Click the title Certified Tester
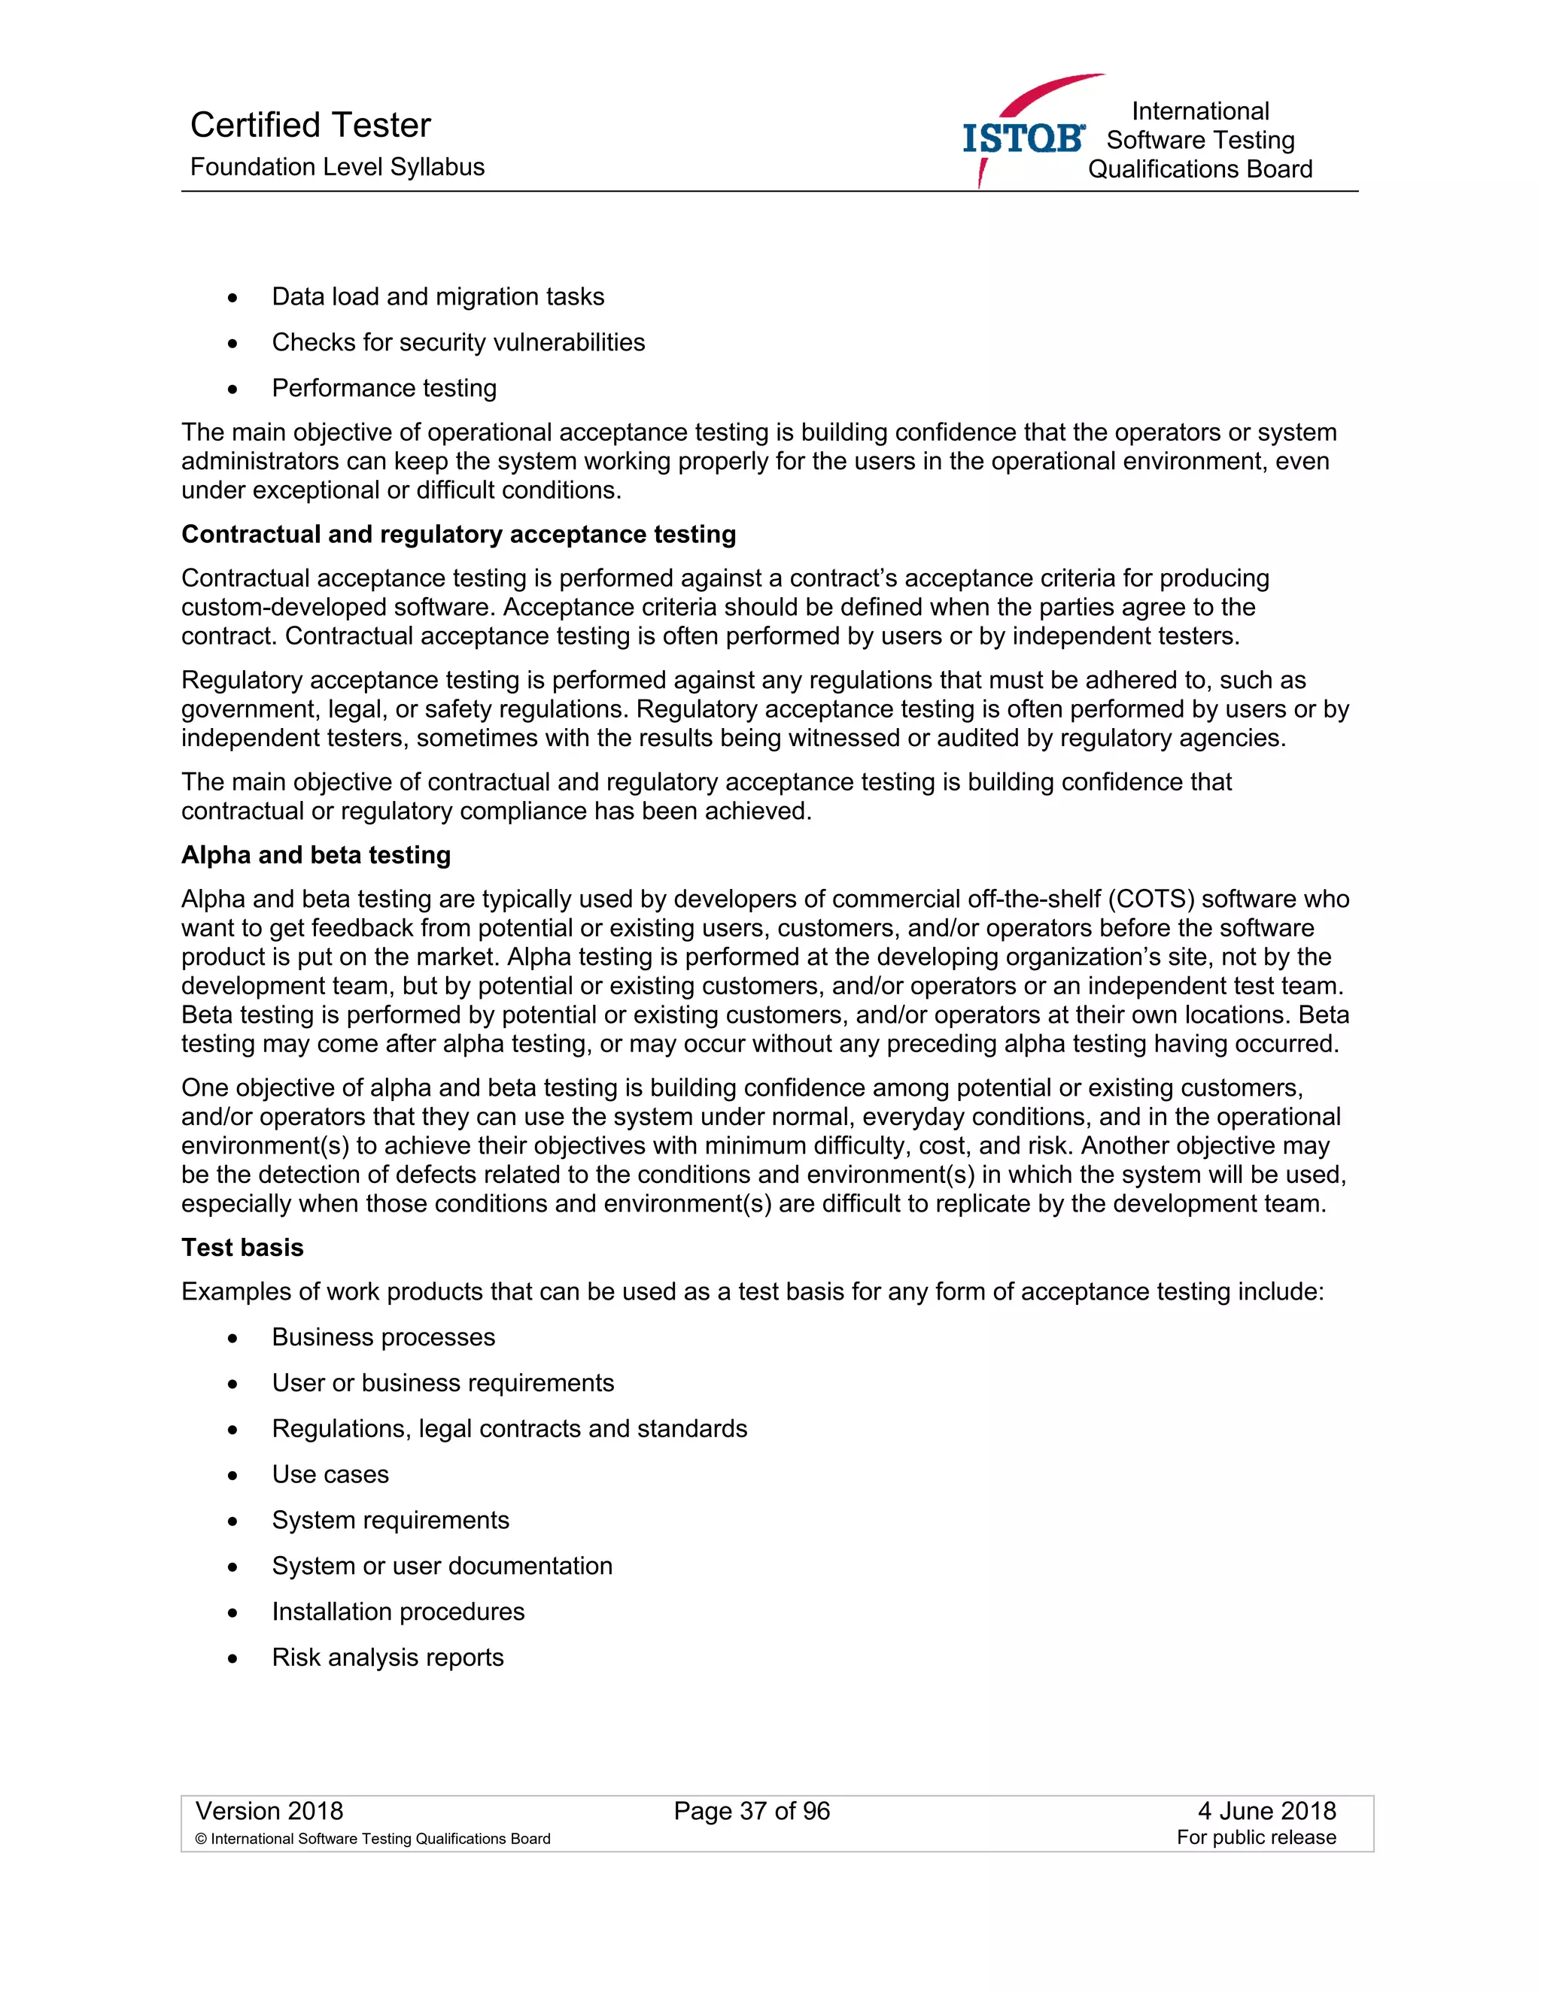[x=311, y=125]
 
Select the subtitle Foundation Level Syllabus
[x=337, y=167]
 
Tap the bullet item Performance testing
[x=384, y=388]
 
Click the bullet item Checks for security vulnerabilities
[x=457, y=342]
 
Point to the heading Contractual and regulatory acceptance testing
[x=458, y=534]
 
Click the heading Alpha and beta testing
[x=316, y=855]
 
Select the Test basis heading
[x=242, y=1248]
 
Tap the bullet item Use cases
[x=330, y=1475]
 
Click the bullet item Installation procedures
[x=398, y=1612]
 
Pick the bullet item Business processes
[x=384, y=1337]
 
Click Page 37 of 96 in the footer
[x=752, y=1812]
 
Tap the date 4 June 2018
[x=1266, y=1812]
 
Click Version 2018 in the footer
[x=269, y=1812]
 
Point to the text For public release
[x=1255, y=1838]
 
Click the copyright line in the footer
[x=372, y=1839]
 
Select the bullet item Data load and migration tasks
[x=437, y=296]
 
